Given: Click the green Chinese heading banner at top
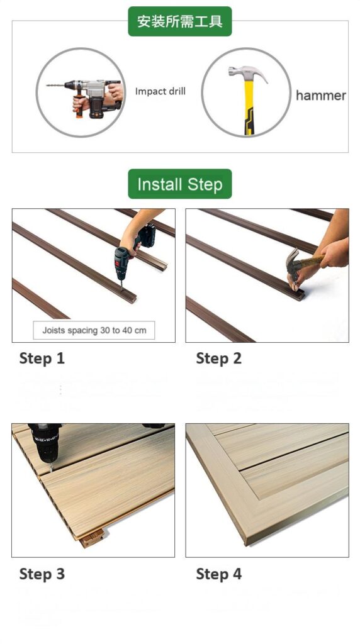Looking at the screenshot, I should point(179,21).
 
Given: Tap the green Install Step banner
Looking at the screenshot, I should point(179,184).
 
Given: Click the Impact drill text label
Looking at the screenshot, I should point(160,91).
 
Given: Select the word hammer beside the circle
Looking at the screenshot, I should point(320,96).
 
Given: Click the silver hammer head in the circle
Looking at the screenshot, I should point(245,72).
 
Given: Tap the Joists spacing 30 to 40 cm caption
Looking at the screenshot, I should point(94,330).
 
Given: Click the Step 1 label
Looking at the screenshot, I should point(42,358).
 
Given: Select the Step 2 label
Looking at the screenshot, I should point(218,358).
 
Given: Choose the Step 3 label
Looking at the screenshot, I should point(42,574).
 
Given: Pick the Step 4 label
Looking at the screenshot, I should point(218,574).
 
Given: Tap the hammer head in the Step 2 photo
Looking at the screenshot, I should point(293,264).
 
